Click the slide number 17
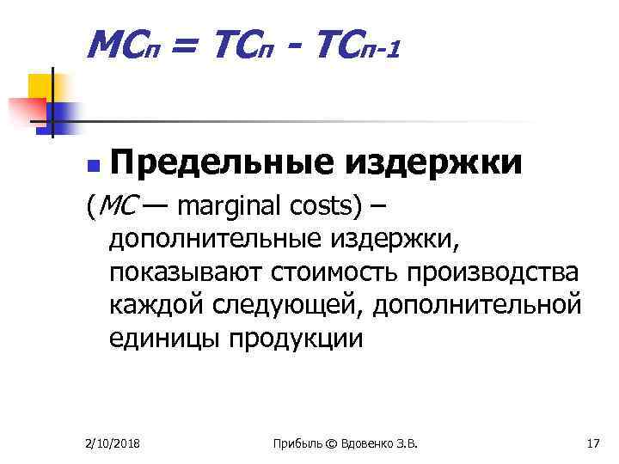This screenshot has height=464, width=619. click(592, 443)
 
